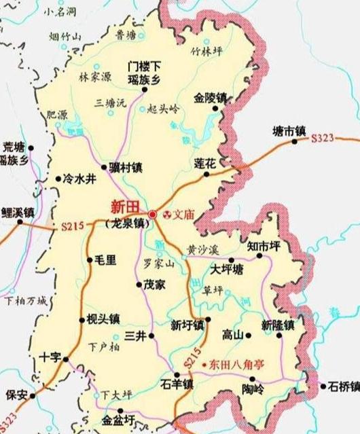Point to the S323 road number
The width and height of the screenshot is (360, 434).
tap(323, 139)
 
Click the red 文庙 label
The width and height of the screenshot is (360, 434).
tap(183, 214)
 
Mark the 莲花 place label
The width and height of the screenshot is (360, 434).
tap(204, 163)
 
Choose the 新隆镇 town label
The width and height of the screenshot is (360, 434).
tap(278, 324)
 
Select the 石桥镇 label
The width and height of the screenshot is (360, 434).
tap(343, 387)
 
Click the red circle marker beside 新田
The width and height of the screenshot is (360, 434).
tap(153, 214)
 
